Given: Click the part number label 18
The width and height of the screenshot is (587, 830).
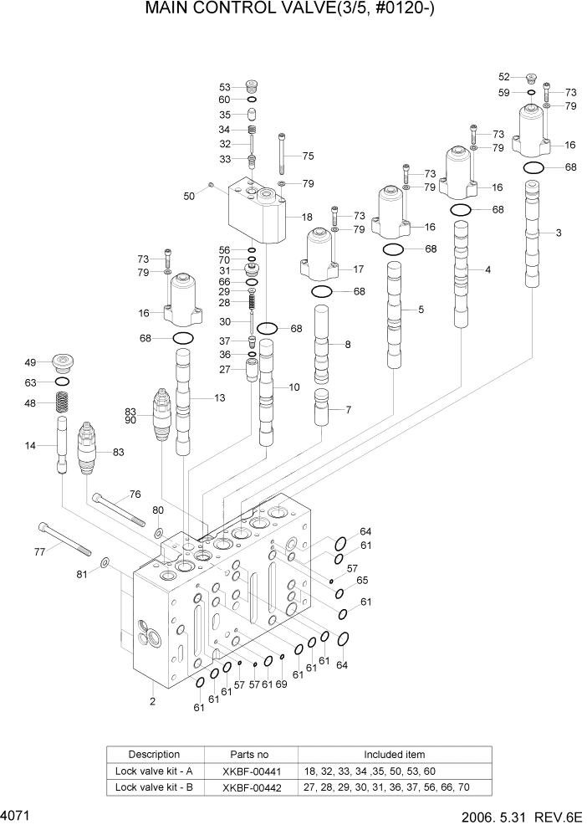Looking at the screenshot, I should tap(307, 217).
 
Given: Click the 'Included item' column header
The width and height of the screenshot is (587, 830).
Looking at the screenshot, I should tap(394, 754).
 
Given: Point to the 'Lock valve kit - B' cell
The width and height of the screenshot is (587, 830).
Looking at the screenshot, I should tap(154, 787).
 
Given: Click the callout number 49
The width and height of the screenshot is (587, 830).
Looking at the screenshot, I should tap(30, 363).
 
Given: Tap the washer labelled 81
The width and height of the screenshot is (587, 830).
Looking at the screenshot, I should tap(105, 563).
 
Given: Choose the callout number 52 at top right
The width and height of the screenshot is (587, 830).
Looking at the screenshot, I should tap(504, 77).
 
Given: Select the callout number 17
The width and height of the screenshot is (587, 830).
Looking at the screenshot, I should tap(359, 269).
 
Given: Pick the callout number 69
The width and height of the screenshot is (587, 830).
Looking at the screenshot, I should tap(282, 684).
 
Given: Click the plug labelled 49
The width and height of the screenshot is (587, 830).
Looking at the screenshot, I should tap(63, 363).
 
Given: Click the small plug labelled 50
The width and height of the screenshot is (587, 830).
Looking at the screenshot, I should tap(211, 184).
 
